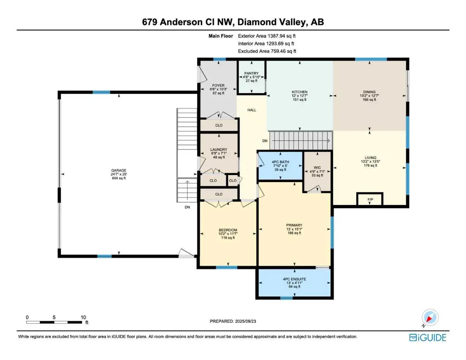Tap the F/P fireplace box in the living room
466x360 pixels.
point(370,200)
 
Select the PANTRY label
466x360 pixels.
point(251,73)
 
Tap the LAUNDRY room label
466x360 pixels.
point(219,150)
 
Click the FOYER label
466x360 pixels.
point(218,85)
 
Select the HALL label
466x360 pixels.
point(252,110)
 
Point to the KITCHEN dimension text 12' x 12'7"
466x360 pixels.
point(299,96)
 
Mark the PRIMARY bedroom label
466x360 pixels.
point(294,225)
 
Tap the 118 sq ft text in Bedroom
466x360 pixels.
point(228,238)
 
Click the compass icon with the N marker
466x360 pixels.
point(429,318)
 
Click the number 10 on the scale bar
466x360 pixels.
point(83,317)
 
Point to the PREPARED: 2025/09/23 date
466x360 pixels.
point(234,322)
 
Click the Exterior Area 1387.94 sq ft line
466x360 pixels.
point(269,36)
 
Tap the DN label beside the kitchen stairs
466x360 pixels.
point(265,141)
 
